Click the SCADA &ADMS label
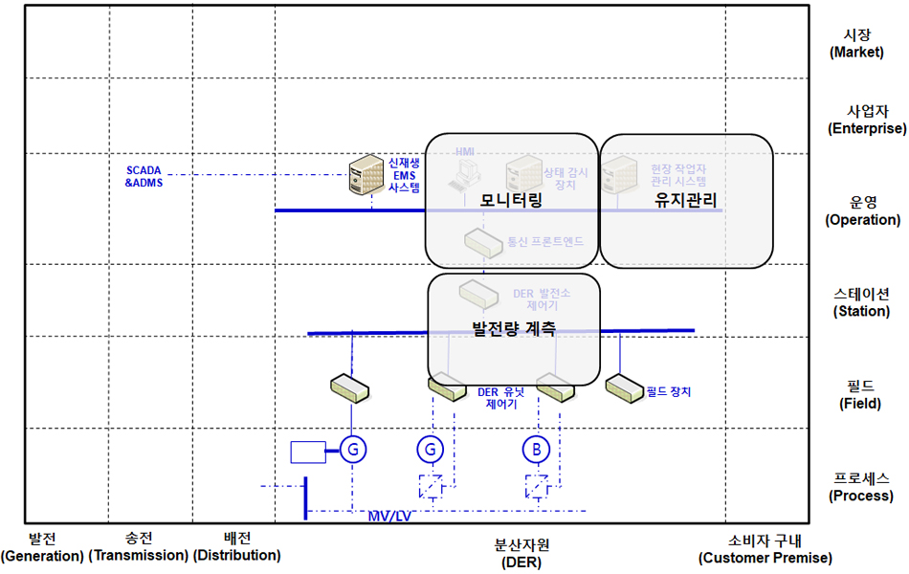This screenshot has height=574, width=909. (x=144, y=176)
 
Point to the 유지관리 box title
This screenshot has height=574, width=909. (x=685, y=200)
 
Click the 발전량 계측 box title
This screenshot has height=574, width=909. (x=514, y=329)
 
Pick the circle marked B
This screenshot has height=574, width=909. (x=537, y=449)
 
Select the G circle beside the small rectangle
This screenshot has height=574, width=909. (x=354, y=449)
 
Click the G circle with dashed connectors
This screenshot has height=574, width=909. (x=432, y=449)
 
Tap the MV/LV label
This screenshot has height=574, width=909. (x=389, y=517)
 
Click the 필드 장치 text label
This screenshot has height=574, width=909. (x=669, y=391)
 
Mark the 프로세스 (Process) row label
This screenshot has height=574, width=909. (x=861, y=487)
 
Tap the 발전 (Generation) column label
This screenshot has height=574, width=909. (x=42, y=547)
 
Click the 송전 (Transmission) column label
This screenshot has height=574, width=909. (x=139, y=547)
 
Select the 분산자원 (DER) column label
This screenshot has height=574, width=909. (x=521, y=553)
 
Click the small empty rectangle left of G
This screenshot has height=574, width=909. (x=308, y=452)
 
